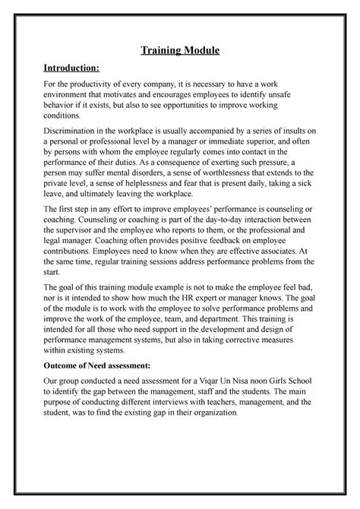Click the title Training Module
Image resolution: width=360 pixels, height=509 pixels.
tap(180, 51)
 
